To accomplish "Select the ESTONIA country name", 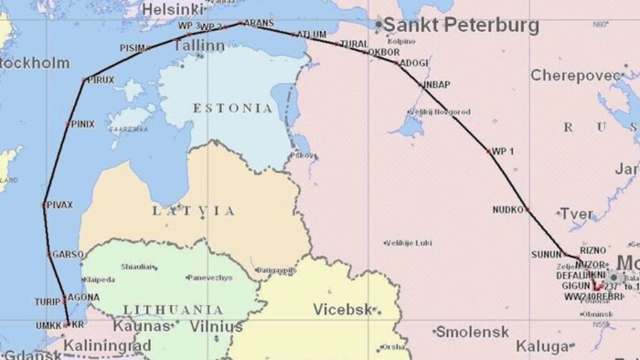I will coord(232,108).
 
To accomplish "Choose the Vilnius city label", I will coord(218,326).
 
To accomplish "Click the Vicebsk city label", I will coord(342,309).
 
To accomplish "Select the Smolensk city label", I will coord(471,331).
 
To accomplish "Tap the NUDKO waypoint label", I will coord(507,208).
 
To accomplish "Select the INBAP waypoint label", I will coord(437,84).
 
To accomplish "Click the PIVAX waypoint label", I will coord(60,203).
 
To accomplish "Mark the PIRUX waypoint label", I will coord(100,80).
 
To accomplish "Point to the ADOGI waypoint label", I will coord(413,63).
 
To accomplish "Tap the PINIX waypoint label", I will coord(82,123).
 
